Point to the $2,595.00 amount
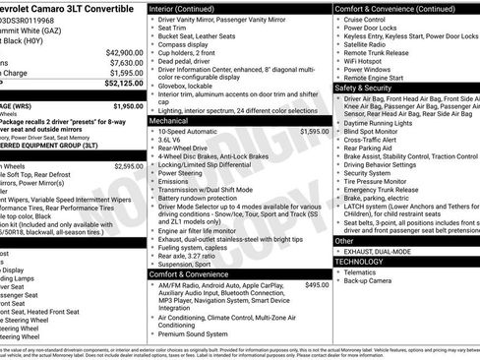(x=127, y=166)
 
